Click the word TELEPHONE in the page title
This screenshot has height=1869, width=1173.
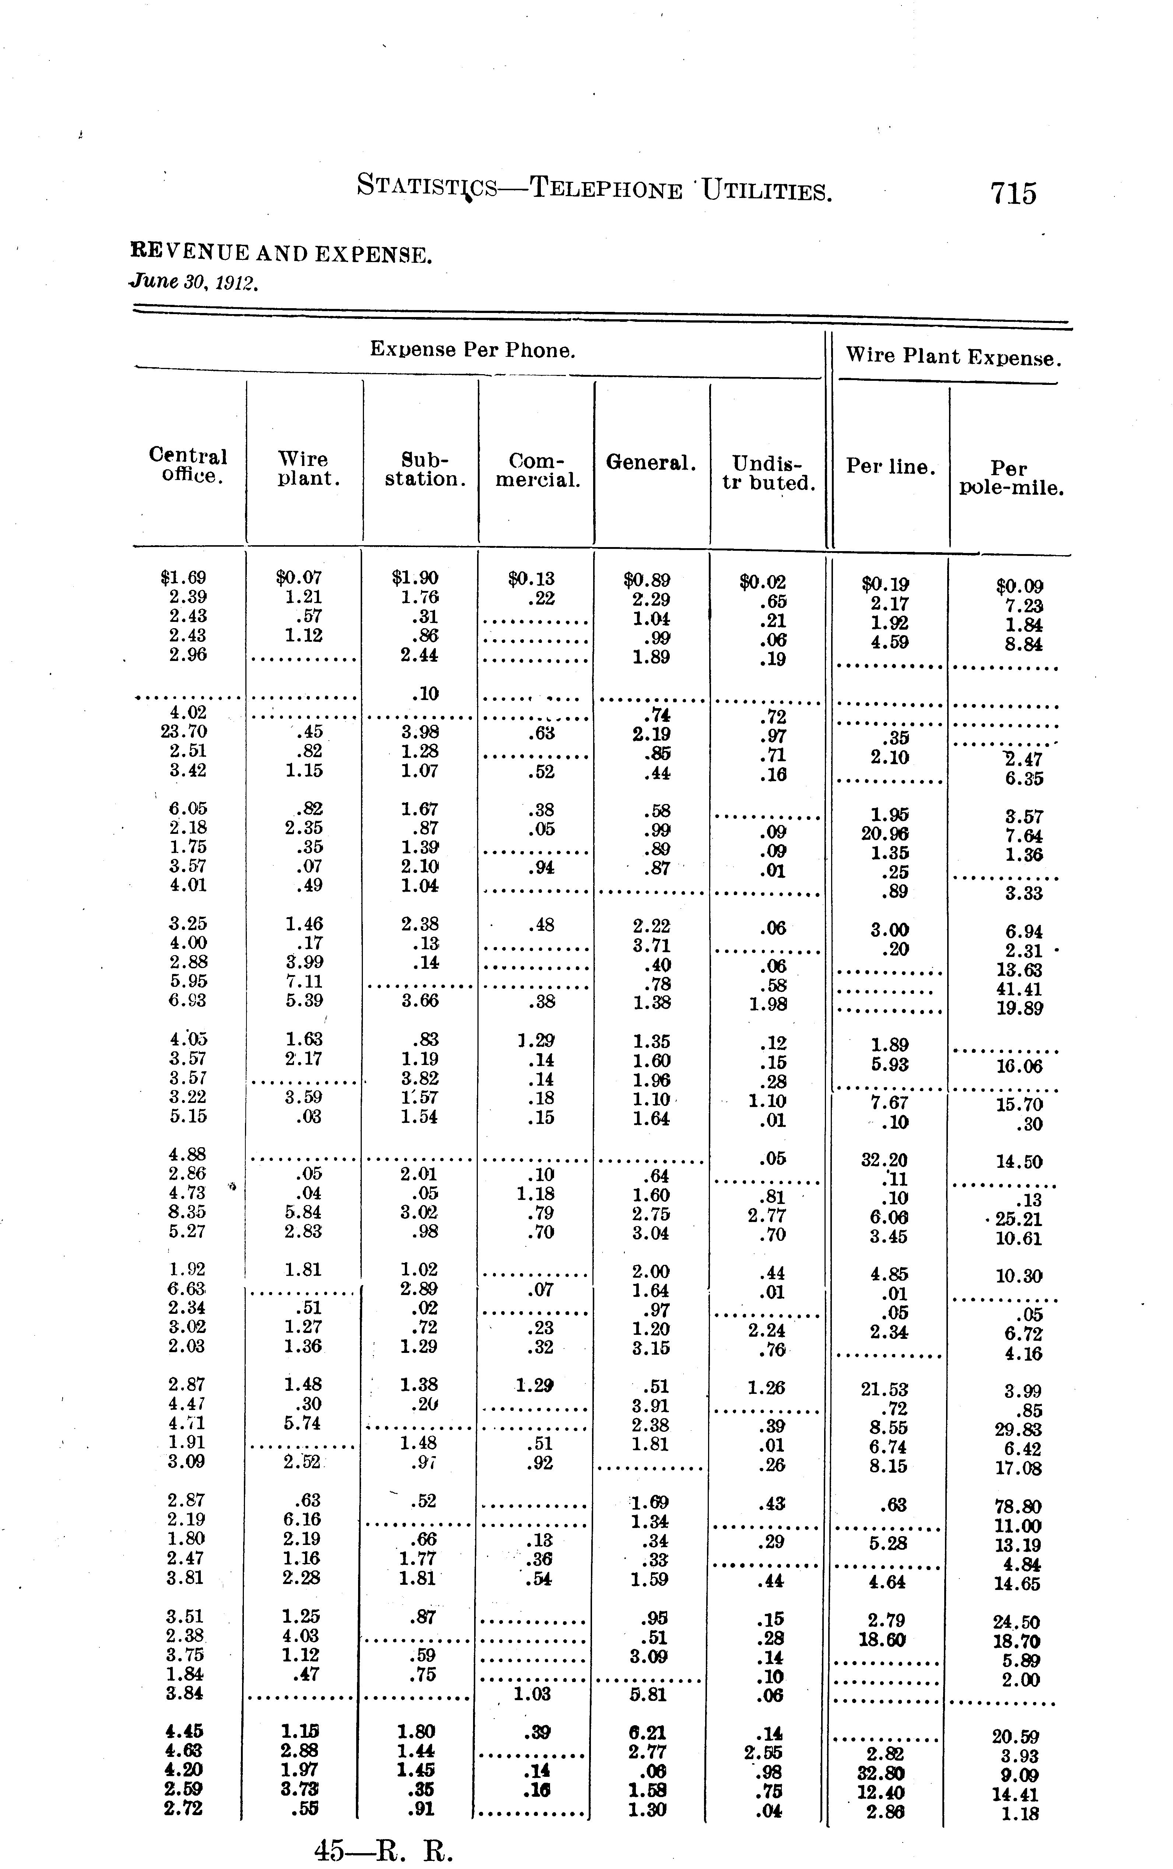pyautogui.click(x=605, y=189)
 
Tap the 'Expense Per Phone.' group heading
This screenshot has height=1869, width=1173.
pyautogui.click(x=472, y=350)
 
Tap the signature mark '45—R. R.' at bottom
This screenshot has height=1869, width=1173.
pyautogui.click(x=383, y=1850)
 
